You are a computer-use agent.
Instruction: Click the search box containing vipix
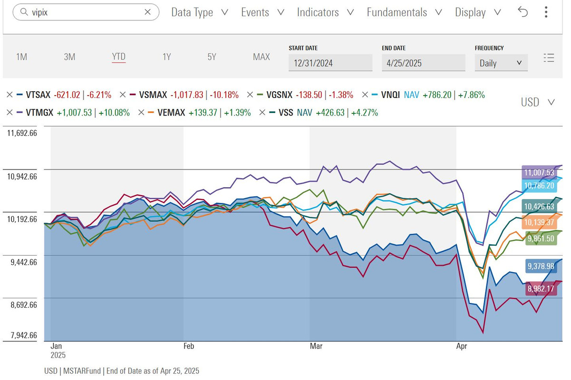point(86,12)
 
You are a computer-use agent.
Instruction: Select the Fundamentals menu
point(404,12)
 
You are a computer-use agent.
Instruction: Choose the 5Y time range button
point(212,57)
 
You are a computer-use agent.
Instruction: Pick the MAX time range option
point(261,57)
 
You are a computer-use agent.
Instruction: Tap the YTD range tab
point(118,57)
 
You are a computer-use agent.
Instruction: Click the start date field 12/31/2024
point(330,63)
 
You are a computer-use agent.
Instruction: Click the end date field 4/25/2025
point(423,63)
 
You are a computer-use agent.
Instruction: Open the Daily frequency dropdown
point(501,63)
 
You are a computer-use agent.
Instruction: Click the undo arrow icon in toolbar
point(523,12)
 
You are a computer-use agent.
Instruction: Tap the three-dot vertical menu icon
point(546,12)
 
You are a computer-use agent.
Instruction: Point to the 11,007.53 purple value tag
point(539,172)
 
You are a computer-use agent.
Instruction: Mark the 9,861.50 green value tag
point(541,239)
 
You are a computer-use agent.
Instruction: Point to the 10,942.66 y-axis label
point(22,176)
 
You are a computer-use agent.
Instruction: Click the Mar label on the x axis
point(316,346)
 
